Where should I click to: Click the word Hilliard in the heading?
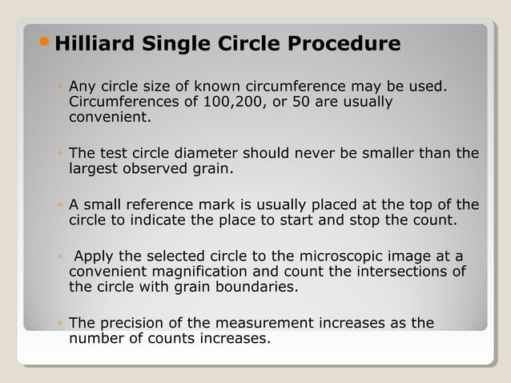[94, 43]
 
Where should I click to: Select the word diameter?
[203, 152]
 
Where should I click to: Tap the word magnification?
[191, 272]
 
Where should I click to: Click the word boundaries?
[256, 287]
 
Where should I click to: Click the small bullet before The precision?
[60, 324]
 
